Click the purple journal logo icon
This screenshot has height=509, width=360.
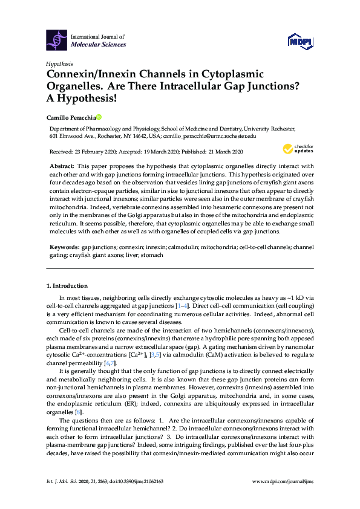[x=56, y=41]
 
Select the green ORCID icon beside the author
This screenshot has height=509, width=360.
[x=99, y=117]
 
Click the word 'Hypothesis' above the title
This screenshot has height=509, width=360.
[x=59, y=63]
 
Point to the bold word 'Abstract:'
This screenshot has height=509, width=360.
[x=63, y=165]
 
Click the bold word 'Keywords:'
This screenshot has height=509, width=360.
[x=64, y=247]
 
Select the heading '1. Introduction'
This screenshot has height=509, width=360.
[x=67, y=285]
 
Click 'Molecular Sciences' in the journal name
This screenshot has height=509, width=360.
[x=99, y=45]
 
